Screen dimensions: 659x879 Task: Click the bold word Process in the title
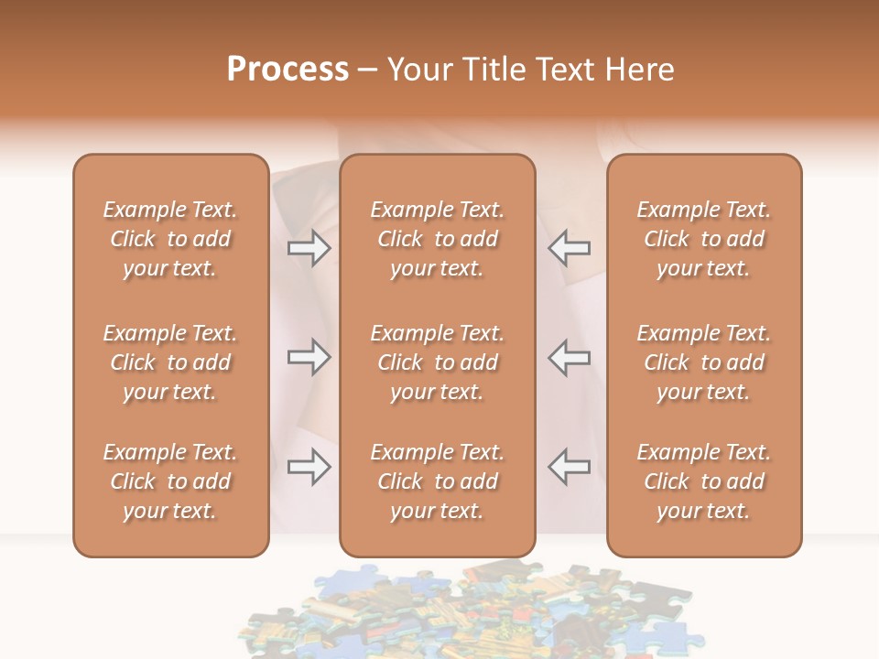[x=288, y=70]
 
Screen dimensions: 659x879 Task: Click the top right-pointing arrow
[x=309, y=248]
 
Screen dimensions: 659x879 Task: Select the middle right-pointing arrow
[x=309, y=357]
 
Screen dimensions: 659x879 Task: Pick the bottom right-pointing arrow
[x=309, y=467]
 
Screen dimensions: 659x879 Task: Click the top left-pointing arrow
[x=570, y=248]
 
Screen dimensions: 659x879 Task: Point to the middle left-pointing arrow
[x=570, y=357]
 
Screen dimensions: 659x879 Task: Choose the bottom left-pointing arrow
[x=570, y=467]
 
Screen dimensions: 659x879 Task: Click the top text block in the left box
[x=170, y=239]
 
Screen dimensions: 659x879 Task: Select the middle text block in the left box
[x=170, y=362]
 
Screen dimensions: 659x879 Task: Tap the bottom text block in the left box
[x=170, y=481]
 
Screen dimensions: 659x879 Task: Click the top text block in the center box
[x=438, y=239]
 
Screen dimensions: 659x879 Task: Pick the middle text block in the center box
[x=438, y=362]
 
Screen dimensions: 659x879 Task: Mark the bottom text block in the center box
[x=438, y=481]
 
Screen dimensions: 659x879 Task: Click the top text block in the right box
[x=704, y=239]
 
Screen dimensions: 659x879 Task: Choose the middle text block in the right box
[x=704, y=362]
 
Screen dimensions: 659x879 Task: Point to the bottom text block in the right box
[x=704, y=481]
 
